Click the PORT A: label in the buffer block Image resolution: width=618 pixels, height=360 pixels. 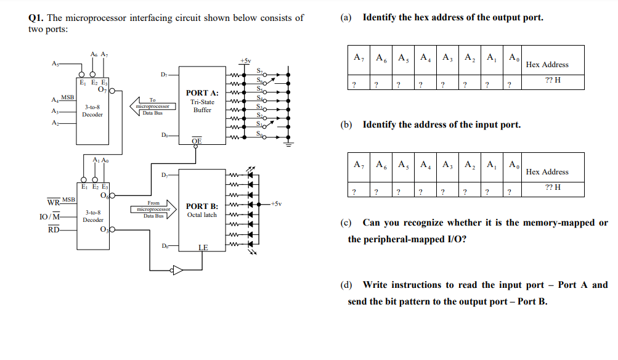[202, 93]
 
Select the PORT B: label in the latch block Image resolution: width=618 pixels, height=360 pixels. [202, 206]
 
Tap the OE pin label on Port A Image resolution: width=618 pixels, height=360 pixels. [196, 141]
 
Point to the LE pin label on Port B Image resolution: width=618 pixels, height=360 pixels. [203, 248]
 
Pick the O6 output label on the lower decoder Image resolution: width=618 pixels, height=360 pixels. [104, 196]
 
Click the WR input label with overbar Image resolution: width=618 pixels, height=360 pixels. [54, 202]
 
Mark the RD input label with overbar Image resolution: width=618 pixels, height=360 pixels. [54, 230]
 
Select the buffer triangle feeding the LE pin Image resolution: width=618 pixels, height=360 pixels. [177, 269]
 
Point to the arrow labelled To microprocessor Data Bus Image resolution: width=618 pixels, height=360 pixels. [152, 106]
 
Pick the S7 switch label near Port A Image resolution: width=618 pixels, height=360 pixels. [259, 72]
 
